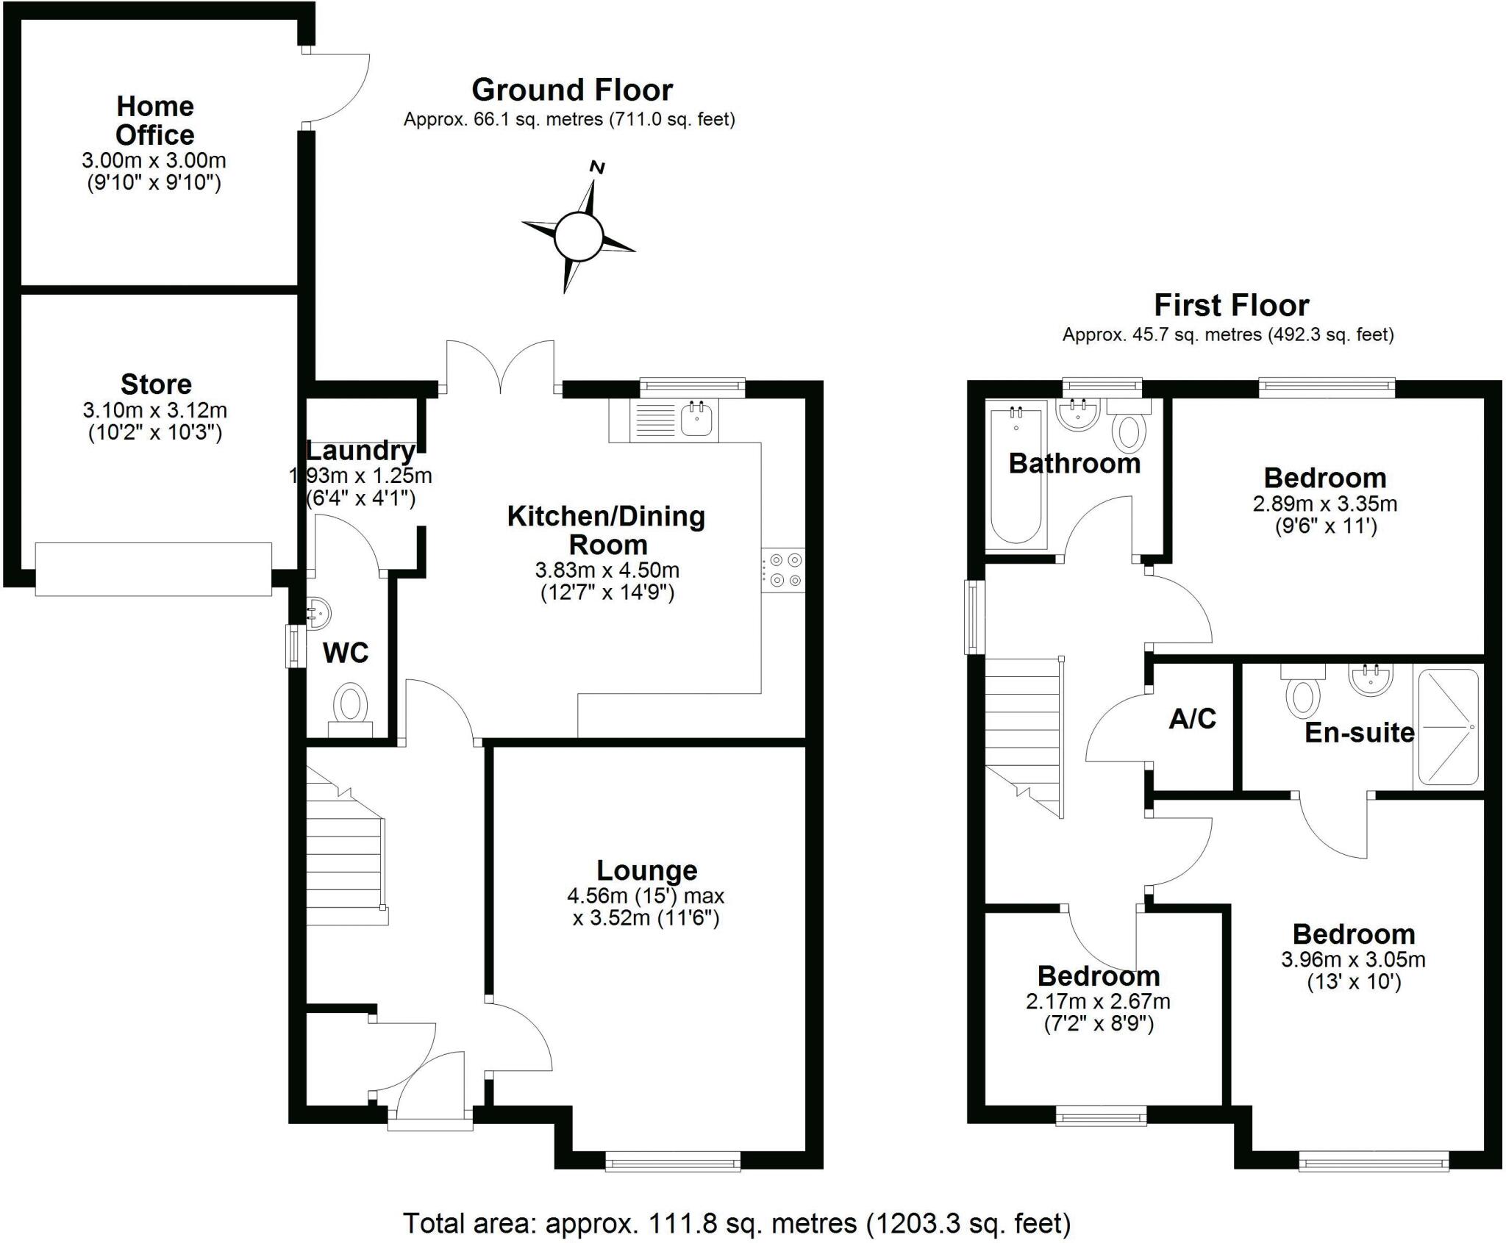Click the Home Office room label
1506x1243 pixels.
(x=155, y=121)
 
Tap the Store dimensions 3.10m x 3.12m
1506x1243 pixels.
(x=154, y=409)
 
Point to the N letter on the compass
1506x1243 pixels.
(x=598, y=168)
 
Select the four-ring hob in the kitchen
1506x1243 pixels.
(x=784, y=570)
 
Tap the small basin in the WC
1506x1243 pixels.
(x=318, y=612)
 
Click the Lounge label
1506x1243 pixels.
(x=646, y=870)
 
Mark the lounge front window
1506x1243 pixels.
(x=672, y=1162)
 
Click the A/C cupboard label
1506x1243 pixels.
(x=1192, y=718)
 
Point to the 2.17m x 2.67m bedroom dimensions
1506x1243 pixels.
(x=1098, y=1001)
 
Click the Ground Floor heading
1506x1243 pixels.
(x=571, y=90)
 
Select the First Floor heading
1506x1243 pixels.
(x=1231, y=305)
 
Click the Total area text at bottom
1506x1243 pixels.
(x=736, y=1223)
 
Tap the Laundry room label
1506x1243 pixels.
(x=360, y=450)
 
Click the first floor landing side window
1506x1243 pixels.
(x=975, y=617)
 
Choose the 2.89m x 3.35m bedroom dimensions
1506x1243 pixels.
(x=1325, y=504)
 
